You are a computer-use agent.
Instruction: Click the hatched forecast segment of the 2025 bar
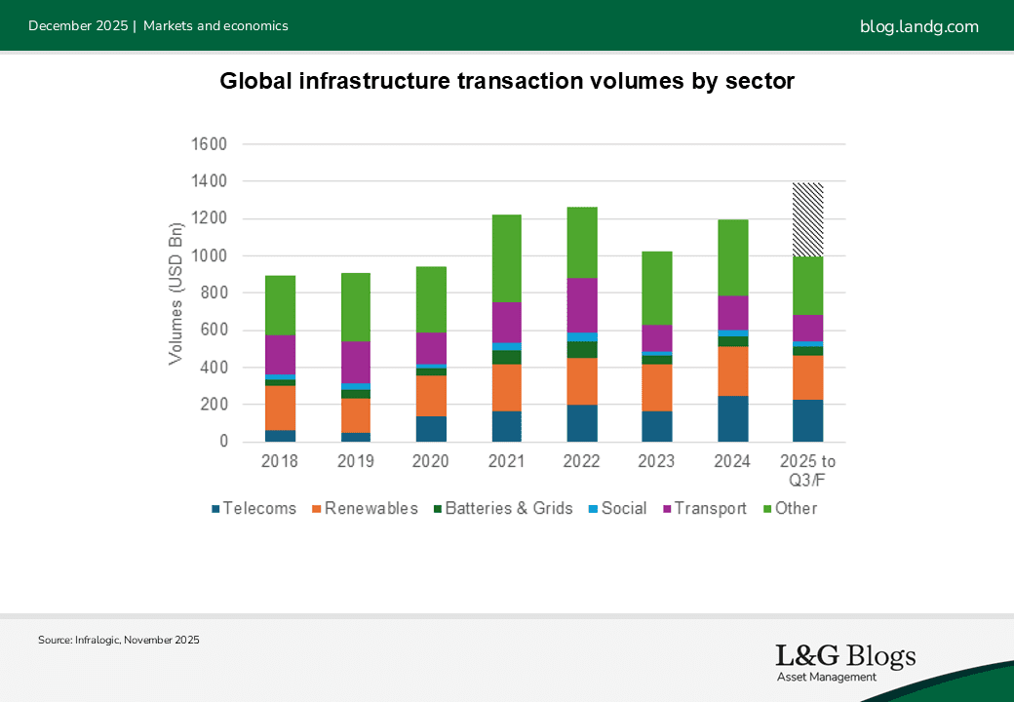807,219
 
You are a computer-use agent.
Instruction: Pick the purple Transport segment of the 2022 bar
582,305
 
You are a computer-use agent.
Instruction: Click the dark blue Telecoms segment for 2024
733,418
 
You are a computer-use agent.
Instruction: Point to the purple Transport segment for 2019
356,362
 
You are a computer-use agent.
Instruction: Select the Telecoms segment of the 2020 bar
431,429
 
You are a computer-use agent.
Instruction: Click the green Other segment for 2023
657,289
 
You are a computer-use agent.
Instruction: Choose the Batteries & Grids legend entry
502,508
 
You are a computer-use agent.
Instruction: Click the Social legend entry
617,508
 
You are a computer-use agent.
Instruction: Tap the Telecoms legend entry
253,508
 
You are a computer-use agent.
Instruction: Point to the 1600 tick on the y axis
208,144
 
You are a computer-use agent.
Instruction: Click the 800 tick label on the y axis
213,293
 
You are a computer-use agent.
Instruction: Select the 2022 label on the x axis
582,461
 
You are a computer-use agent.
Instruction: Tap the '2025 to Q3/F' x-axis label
807,469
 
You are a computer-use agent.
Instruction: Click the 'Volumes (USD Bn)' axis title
175,293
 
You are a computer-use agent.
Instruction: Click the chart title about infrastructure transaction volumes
507,81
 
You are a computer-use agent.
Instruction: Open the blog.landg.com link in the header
918,26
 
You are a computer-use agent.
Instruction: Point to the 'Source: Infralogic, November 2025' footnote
119,641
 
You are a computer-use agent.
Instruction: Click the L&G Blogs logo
844,662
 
